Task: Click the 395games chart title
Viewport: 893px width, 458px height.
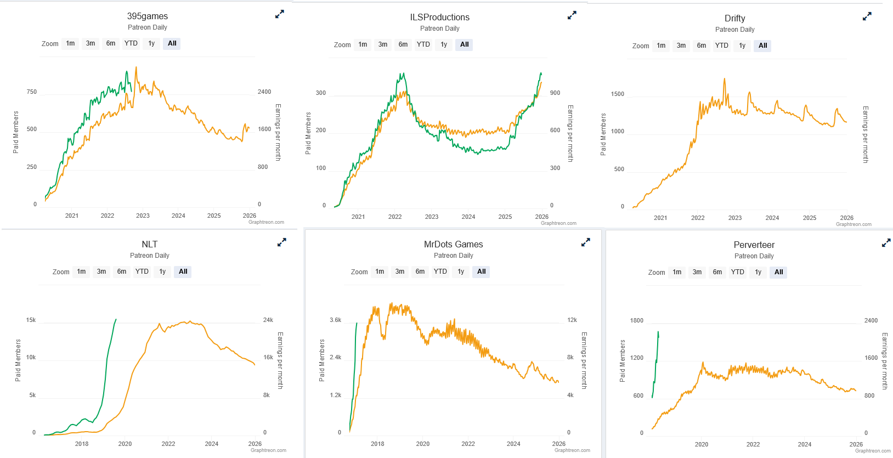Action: coord(148,16)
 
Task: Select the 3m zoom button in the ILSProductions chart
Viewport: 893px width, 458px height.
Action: coord(383,44)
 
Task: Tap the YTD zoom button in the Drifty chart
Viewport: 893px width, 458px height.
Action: coord(722,46)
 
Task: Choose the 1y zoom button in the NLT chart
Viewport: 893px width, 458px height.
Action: coord(162,272)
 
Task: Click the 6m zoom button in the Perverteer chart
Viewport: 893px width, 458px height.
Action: coord(717,272)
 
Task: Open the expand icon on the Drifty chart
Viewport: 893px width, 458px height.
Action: coord(867,17)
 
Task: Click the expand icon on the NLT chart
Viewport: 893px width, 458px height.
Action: coord(282,242)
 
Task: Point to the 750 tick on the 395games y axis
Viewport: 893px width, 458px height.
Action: coord(32,92)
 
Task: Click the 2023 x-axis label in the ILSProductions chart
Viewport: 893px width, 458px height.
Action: coord(432,217)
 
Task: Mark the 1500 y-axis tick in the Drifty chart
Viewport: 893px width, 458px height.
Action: coord(618,94)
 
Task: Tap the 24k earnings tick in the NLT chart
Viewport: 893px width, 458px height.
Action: coord(268,320)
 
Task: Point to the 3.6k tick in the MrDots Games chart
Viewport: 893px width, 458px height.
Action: coord(335,320)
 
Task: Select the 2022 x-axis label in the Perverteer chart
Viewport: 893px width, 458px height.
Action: coord(753,444)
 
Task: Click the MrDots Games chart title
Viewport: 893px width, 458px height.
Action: coord(453,245)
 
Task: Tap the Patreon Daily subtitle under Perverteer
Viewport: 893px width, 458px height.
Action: coord(754,256)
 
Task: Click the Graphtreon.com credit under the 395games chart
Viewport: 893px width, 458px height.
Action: coord(266,222)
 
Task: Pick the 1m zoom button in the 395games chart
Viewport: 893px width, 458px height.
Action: coord(70,43)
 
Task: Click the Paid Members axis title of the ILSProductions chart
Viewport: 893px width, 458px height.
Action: coord(308,133)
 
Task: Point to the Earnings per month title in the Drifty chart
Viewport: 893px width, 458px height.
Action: coord(865,134)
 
